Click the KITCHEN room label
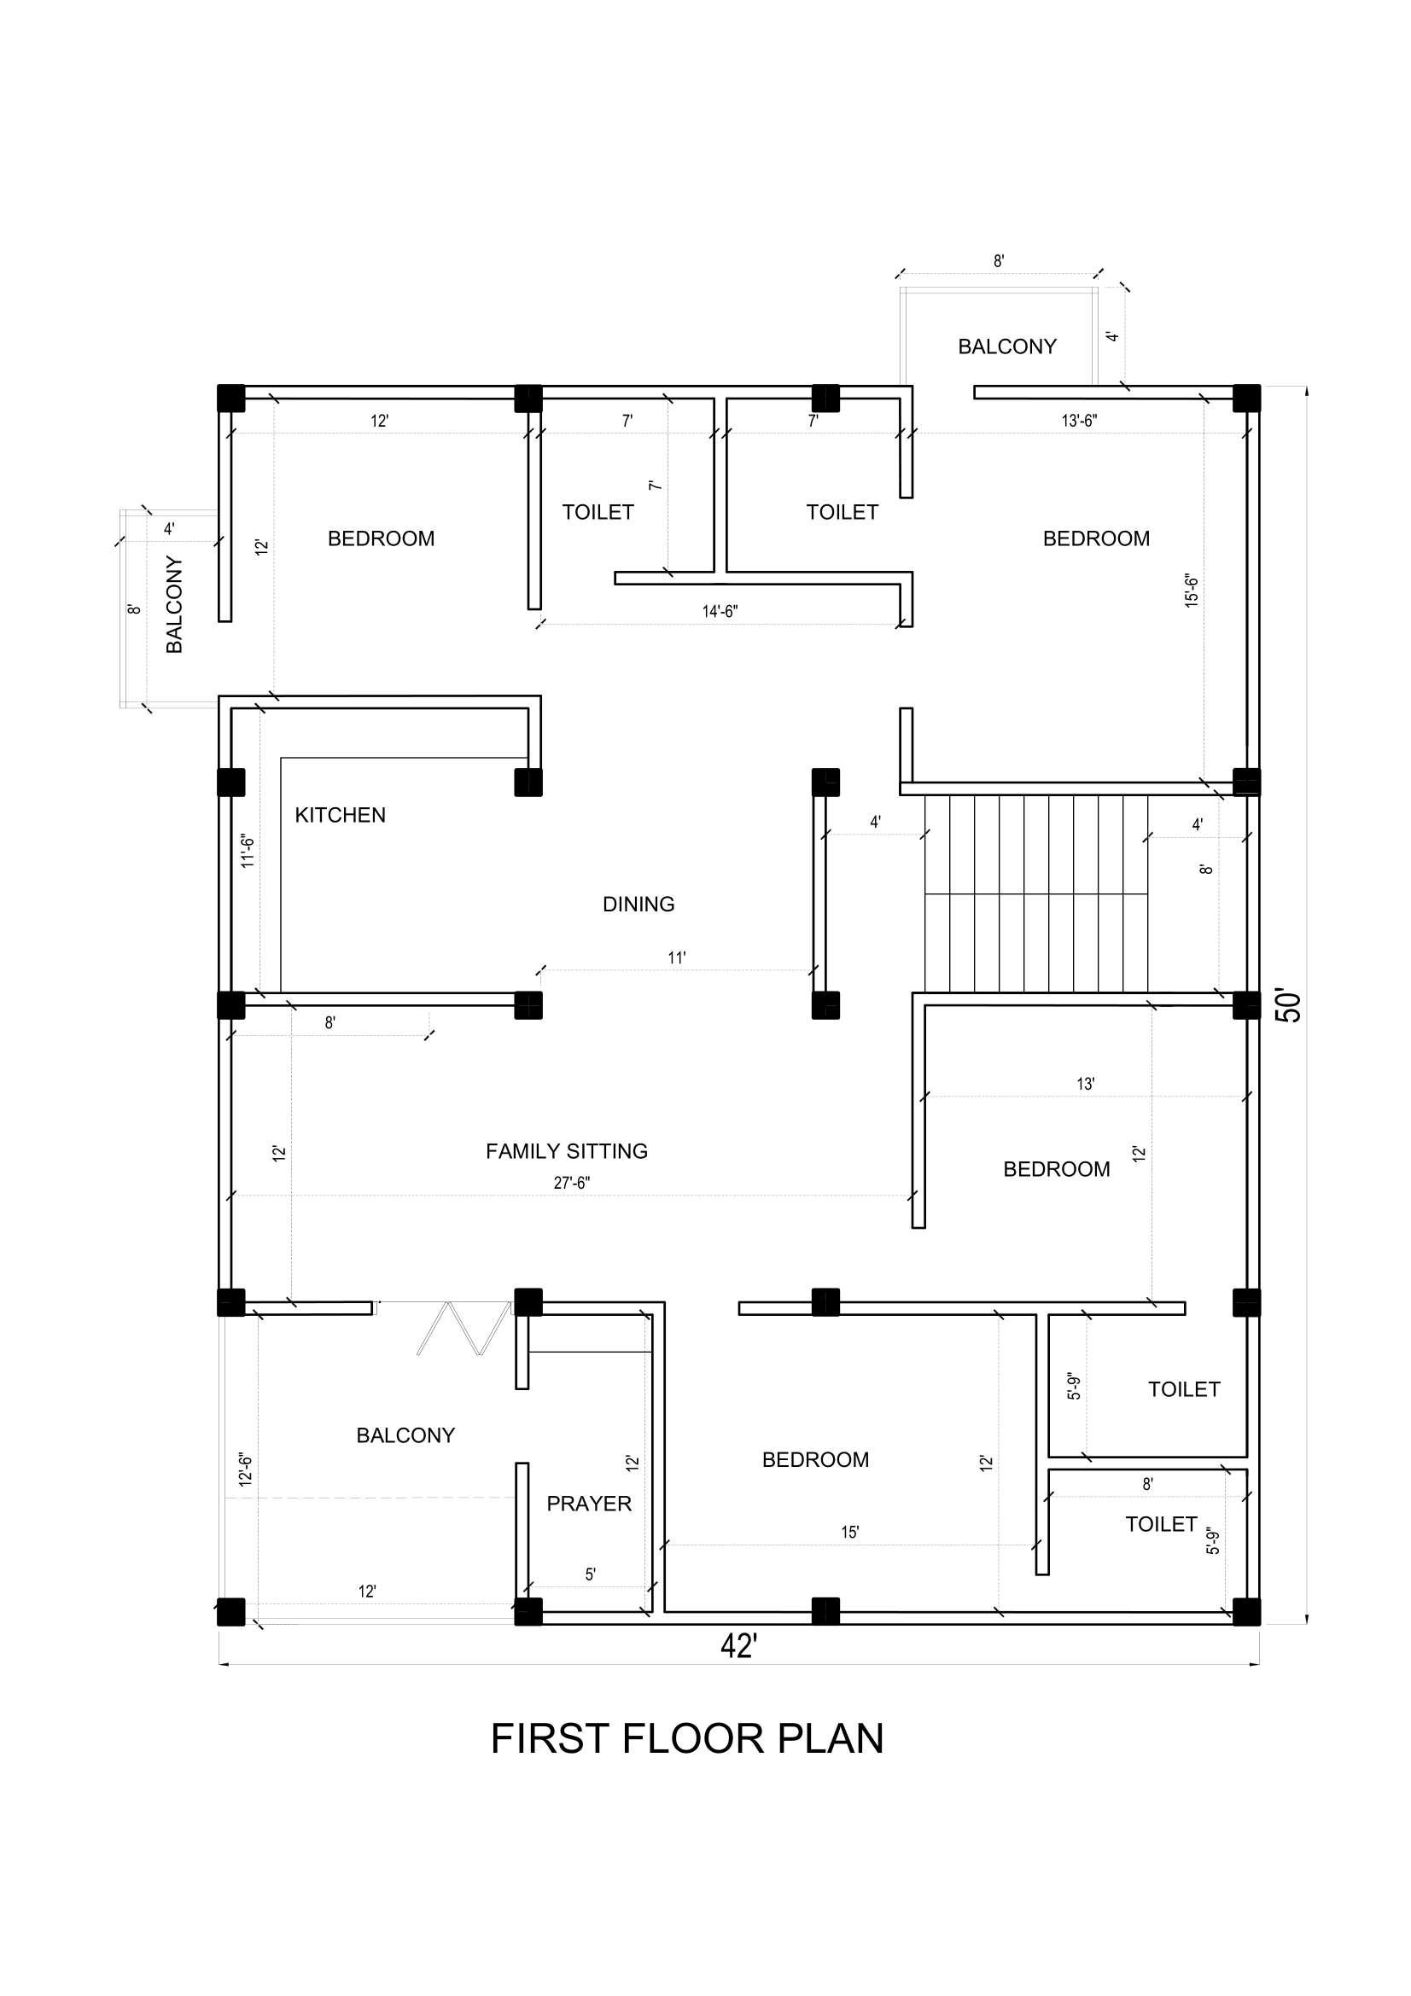340,816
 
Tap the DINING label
638,904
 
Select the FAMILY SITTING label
567,1151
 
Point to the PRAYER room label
589,1503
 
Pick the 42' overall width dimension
739,1645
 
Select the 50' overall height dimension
1290,1006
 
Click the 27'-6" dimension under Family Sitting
572,1182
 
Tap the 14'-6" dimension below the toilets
720,611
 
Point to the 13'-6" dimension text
1079,421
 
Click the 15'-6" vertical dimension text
1191,591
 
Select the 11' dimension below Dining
677,958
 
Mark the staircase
1036,893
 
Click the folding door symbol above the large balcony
464,1328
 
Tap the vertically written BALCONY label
175,605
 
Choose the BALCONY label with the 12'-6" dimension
405,1435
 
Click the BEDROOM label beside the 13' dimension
1056,1169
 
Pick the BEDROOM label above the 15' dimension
815,1459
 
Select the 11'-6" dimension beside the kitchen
248,851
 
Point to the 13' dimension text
1086,1084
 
